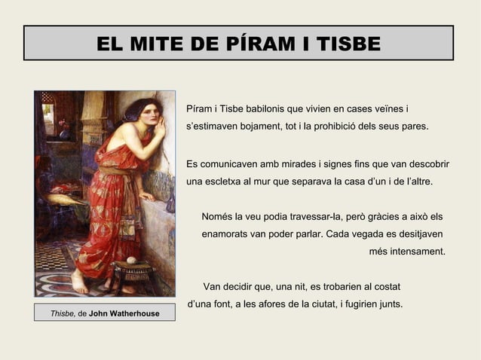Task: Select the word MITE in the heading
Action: [166, 44]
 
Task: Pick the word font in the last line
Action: [225, 305]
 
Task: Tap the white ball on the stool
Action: [131, 261]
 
